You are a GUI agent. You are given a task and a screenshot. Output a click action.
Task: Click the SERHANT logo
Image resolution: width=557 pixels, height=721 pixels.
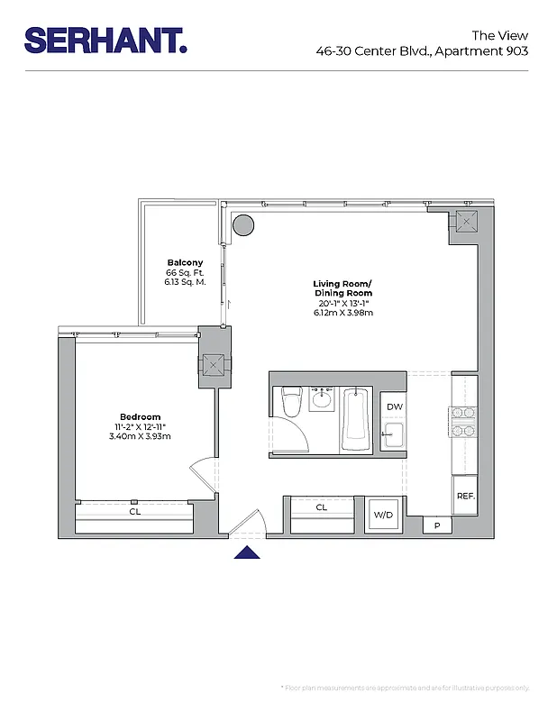coord(105,40)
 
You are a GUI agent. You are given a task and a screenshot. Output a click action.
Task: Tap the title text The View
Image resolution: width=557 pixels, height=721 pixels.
coord(500,35)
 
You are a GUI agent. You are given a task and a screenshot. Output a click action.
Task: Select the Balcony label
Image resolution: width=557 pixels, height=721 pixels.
coord(185,262)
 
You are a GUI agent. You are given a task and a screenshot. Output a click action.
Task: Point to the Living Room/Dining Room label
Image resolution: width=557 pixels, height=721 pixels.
coord(342,288)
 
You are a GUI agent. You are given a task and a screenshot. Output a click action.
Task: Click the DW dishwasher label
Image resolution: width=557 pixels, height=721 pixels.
coord(394,407)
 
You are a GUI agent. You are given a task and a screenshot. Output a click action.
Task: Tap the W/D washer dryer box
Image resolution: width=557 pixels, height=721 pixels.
coord(384,515)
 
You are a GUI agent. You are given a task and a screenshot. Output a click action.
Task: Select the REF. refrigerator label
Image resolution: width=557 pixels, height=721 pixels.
coord(465,497)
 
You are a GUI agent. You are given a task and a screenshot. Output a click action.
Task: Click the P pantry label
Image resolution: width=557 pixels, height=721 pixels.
coord(437,525)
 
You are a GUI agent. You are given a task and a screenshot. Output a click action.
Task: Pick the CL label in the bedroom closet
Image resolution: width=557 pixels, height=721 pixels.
coord(134,511)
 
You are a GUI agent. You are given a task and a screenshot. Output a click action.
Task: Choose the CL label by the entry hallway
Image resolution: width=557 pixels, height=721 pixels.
coord(322,507)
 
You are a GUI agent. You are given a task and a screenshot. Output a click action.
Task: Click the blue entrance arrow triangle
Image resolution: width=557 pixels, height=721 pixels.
coord(247,552)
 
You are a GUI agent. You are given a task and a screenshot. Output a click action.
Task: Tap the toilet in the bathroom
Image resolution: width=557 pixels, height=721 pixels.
coord(290,402)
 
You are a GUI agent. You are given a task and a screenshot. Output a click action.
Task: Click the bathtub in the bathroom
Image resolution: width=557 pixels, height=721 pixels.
coord(356,419)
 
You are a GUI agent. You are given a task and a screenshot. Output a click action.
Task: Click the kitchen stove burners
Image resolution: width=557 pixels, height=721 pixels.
coord(463,422)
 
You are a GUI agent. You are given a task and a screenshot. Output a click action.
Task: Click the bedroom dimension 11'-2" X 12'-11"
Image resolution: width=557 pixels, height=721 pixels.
coord(140,426)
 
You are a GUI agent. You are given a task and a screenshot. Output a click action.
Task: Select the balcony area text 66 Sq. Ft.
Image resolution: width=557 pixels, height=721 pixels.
coord(185,272)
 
